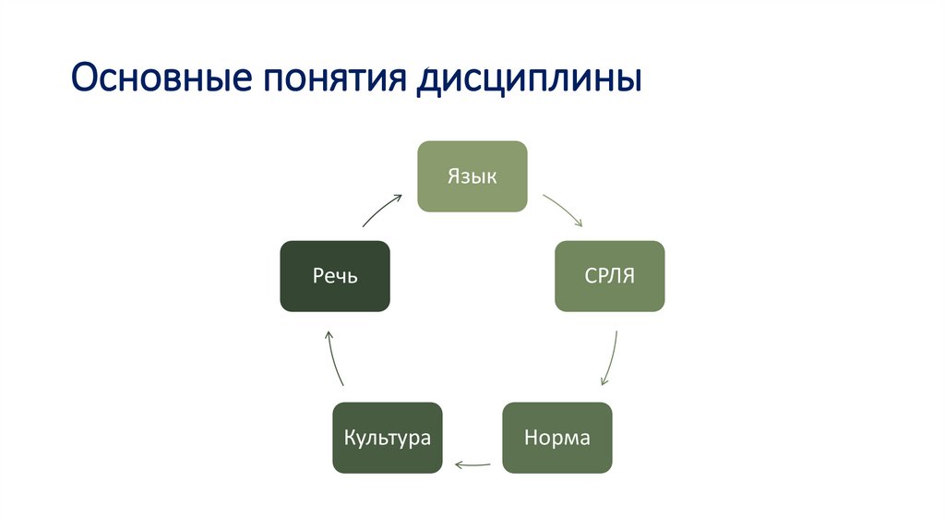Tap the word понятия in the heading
333,80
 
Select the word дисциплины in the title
529,80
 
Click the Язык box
472,176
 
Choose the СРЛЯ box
609,276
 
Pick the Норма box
556,438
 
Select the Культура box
388,438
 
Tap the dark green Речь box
334,276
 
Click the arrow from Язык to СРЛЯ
562,210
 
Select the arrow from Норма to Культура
472,464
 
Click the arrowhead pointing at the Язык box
399,196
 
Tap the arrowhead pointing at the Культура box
459,464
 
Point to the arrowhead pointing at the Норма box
603,381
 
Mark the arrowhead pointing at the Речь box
327,333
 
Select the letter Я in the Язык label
454,176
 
